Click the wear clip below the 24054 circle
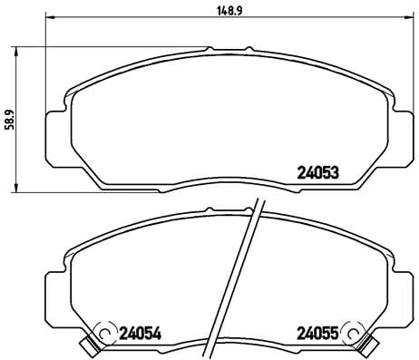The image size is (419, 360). click(x=89, y=345)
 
